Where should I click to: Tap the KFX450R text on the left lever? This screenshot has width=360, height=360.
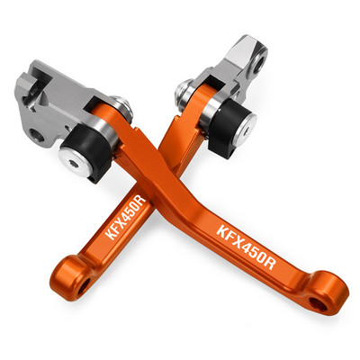[126, 218]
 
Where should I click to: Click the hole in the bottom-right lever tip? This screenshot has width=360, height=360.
[319, 304]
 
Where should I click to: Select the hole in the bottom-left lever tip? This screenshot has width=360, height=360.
[84, 286]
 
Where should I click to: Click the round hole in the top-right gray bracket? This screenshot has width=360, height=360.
[259, 60]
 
